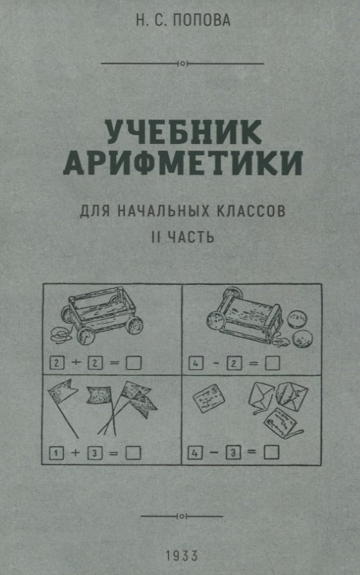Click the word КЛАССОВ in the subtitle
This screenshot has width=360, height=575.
[251, 211]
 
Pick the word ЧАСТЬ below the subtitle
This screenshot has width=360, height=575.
[191, 237]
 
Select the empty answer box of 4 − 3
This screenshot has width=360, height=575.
[271, 450]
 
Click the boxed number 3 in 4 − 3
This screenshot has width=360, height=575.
[232, 450]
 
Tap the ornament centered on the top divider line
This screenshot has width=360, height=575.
[182, 64]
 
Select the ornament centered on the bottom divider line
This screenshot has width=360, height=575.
[182, 514]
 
